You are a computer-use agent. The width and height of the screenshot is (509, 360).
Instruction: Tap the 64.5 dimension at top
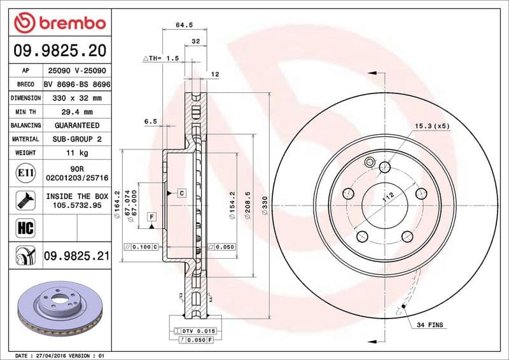[183, 25]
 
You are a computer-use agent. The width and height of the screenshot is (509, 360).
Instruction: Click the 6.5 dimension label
[150, 121]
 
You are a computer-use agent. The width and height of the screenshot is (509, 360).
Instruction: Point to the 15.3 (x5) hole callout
[432, 126]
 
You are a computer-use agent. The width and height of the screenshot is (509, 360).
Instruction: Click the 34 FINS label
[431, 325]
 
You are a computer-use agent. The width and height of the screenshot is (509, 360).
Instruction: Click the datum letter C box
[181, 192]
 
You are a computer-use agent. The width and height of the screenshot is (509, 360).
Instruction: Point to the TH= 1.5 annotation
[160, 58]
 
